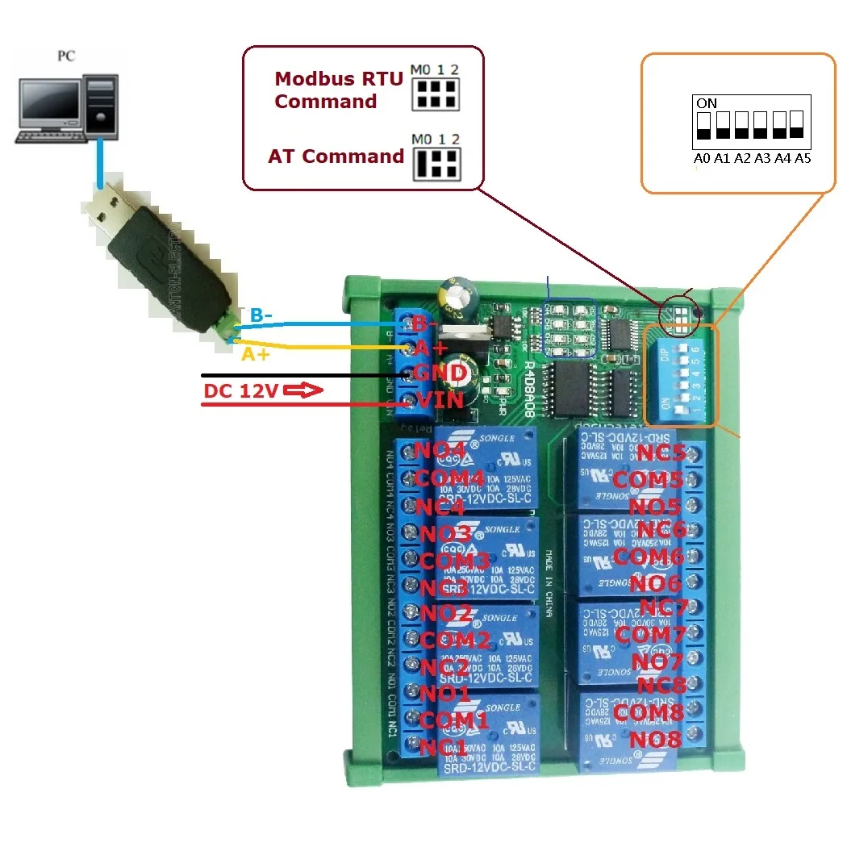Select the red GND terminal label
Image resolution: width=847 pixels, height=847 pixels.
tap(440, 373)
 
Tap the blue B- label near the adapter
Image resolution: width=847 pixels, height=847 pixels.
tap(261, 315)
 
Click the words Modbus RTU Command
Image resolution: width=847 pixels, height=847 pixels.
tap(326, 90)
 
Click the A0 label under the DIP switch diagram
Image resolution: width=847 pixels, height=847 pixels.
tap(702, 159)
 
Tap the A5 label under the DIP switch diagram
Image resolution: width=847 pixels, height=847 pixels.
tap(802, 159)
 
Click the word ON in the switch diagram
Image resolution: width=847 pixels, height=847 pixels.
tap(706, 103)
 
